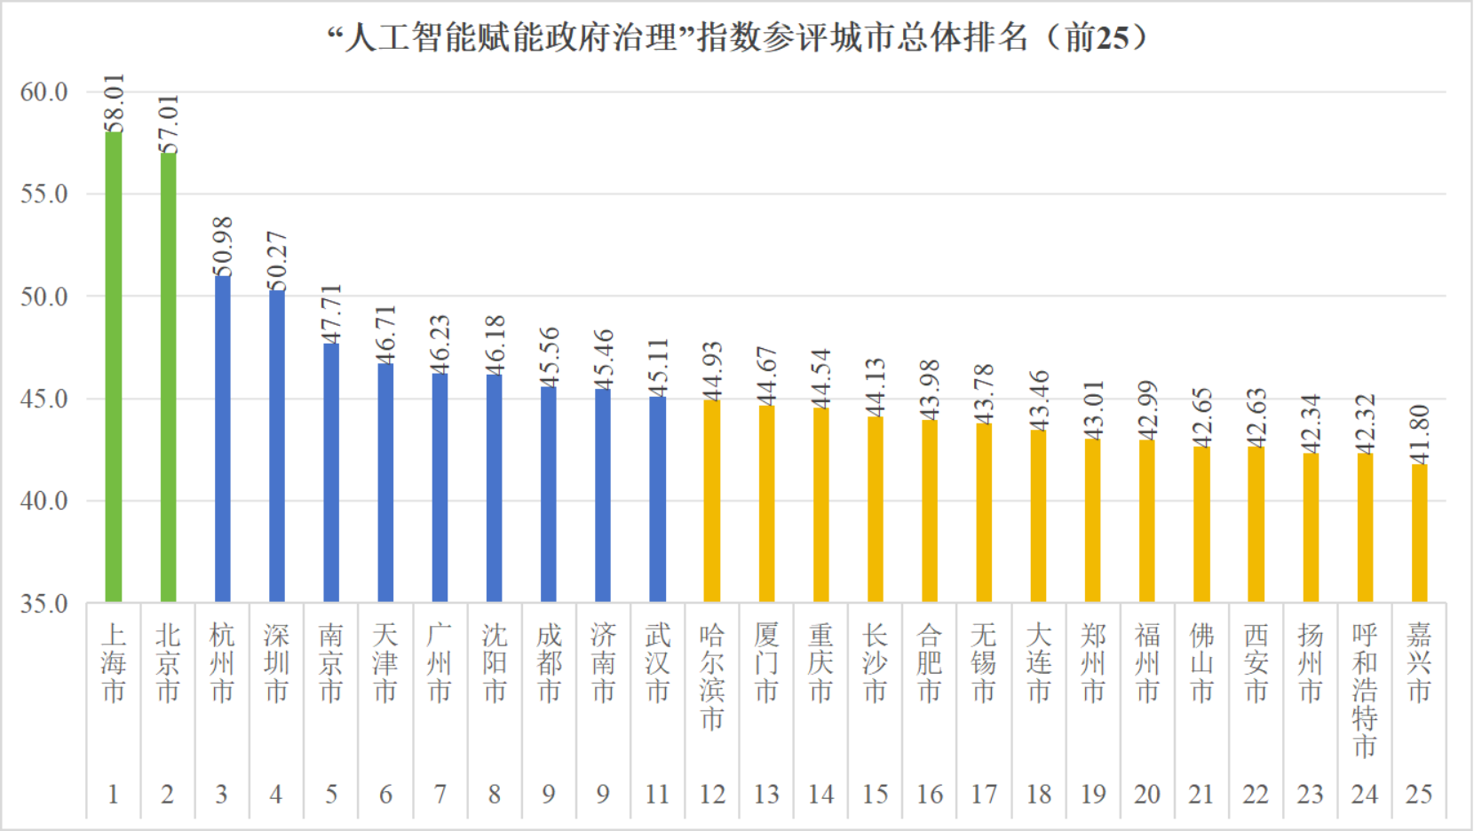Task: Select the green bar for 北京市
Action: [168, 376]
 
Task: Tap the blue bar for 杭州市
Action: [222, 439]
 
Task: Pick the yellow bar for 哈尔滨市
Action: [712, 501]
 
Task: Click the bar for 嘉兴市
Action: [1419, 533]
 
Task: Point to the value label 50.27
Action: [277, 260]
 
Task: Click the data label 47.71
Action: [331, 313]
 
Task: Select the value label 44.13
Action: [876, 387]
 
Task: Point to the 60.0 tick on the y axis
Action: [44, 91]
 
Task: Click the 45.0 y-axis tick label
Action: [44, 399]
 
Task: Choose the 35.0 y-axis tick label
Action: [44, 604]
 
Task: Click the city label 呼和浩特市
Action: [1365, 690]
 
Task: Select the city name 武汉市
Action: [658, 662]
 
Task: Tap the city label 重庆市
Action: [821, 662]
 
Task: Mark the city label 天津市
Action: [385, 662]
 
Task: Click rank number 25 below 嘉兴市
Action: [1419, 794]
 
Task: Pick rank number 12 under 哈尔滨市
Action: [712, 794]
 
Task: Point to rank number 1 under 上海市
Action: [113, 794]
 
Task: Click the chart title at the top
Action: [737, 38]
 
